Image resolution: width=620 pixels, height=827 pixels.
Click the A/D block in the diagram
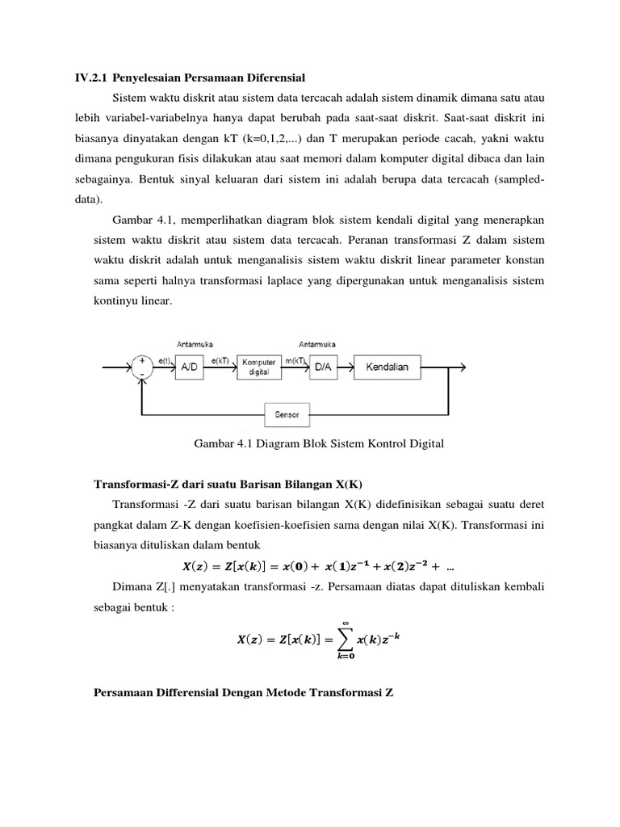point(188,367)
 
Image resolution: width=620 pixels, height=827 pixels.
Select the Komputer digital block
point(258,367)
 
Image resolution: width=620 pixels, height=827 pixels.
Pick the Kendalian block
point(387,367)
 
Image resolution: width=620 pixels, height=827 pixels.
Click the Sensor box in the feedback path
point(287,415)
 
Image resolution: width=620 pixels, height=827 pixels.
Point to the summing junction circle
point(143,367)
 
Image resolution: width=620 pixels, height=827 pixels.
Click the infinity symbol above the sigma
point(345,622)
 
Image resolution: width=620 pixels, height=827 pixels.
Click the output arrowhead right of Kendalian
point(463,367)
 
